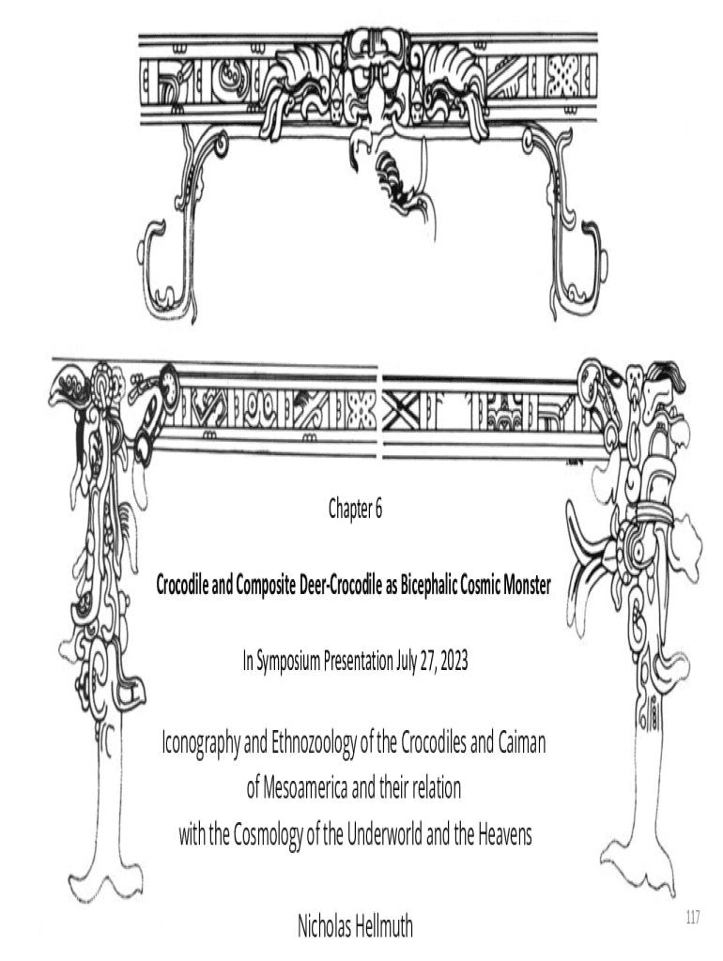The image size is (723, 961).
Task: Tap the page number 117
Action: (x=694, y=916)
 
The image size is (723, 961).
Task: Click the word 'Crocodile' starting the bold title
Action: (x=186, y=585)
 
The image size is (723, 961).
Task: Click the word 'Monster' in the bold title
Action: (x=523, y=585)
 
